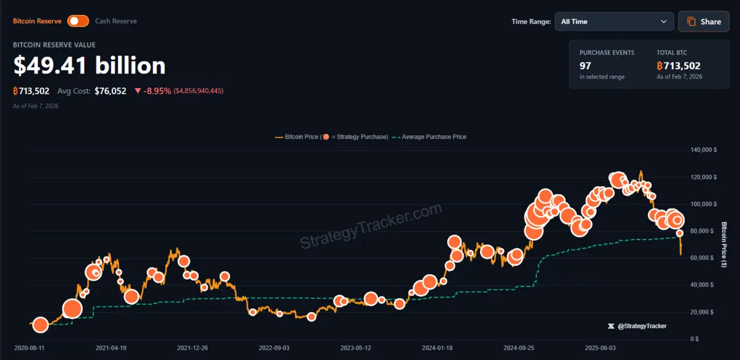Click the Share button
[x=704, y=22]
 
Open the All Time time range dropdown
[x=614, y=22]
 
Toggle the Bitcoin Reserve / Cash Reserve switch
[x=78, y=21]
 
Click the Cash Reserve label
[x=116, y=21]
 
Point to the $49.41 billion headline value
[x=90, y=66]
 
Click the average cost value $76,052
[x=111, y=91]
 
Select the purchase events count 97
[x=585, y=65]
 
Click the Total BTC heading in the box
[x=671, y=53]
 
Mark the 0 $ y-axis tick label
[x=694, y=339]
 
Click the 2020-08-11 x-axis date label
[x=30, y=348]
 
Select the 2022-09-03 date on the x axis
[x=274, y=348]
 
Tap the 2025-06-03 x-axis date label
[x=601, y=348]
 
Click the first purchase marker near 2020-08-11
[x=41, y=325]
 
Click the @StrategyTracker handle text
[x=642, y=325]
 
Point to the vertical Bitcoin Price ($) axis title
[x=724, y=245]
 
